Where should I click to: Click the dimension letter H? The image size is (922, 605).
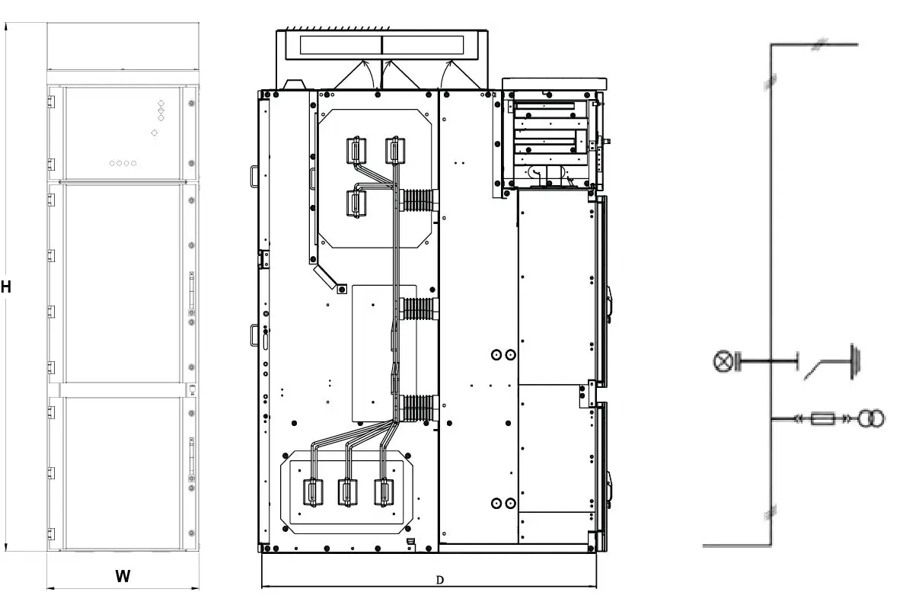(6, 286)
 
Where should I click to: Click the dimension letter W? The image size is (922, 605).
(123, 576)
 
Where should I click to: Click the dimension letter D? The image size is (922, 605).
(439, 580)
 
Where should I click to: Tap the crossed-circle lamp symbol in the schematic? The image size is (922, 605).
(723, 362)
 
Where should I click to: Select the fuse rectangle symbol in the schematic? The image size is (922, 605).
(822, 419)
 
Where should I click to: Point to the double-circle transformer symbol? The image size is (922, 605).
(871, 419)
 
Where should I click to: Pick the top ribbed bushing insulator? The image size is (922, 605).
(417, 200)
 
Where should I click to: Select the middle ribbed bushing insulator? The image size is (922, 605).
(417, 309)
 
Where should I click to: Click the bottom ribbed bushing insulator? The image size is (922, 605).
(417, 408)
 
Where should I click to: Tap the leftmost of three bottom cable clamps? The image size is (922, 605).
(312, 491)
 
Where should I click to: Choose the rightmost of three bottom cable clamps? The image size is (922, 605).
(384, 491)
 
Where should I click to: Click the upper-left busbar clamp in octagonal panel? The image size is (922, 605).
(356, 150)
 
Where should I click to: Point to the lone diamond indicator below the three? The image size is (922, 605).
(155, 133)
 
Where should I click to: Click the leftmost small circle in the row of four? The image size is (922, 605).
(112, 164)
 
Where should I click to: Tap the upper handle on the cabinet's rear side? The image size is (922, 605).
(254, 176)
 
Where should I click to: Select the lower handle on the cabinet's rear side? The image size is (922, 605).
(254, 335)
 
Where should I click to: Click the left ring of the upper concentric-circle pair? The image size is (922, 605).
(496, 354)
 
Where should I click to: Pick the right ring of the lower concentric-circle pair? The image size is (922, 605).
(510, 503)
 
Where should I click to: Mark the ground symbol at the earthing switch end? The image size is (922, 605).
(855, 362)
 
